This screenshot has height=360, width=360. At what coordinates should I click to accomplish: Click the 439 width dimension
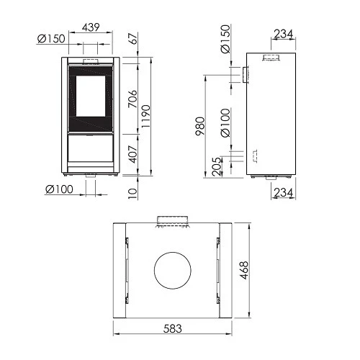91,27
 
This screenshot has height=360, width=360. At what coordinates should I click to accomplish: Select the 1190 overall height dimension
145,117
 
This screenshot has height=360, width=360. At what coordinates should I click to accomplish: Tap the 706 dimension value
132,99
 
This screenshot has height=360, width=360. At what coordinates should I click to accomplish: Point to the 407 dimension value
132,154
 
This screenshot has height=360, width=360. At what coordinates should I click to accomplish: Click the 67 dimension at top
134,38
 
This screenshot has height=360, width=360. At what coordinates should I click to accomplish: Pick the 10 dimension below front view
132,194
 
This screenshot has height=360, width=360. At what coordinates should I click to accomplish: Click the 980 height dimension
200,126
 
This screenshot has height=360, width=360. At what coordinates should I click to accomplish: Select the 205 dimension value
216,166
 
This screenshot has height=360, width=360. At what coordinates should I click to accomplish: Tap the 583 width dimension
172,328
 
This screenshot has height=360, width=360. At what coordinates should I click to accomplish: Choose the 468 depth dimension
244,270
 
